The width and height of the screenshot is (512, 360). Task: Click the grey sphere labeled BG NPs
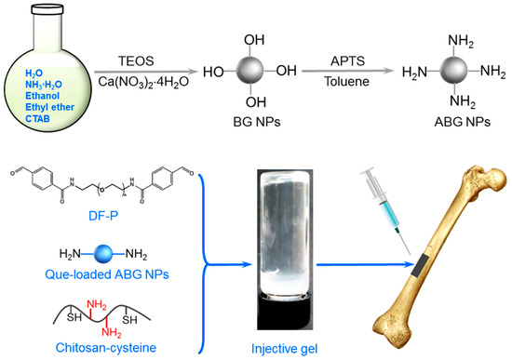[251, 72]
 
